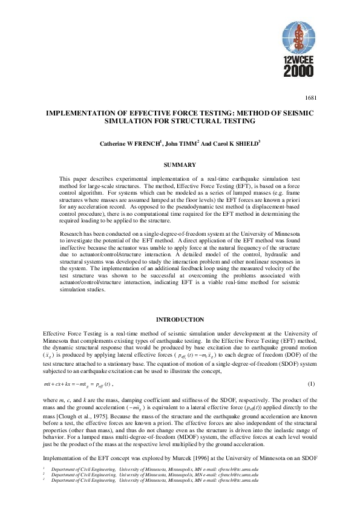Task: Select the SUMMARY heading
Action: click(180, 148)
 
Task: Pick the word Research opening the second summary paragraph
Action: click(73, 233)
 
